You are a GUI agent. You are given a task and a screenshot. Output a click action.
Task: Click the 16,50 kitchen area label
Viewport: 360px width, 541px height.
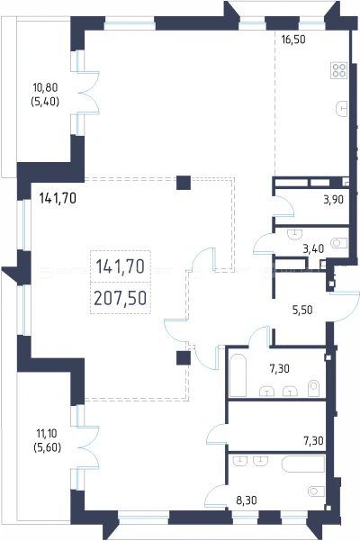[293, 40]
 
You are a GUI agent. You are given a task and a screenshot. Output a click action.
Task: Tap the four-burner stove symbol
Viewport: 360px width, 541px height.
[339, 70]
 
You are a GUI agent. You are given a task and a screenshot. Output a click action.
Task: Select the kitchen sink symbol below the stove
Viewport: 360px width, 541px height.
[341, 109]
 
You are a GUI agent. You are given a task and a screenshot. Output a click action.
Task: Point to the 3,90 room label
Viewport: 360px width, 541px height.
[333, 200]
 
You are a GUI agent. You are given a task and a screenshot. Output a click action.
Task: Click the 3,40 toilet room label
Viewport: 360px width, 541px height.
[313, 248]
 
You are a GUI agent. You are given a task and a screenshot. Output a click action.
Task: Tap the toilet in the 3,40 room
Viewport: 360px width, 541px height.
[339, 243]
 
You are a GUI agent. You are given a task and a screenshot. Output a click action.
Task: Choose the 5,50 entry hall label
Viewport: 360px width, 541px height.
[302, 310]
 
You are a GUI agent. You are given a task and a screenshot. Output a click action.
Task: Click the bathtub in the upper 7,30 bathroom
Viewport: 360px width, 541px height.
[238, 374]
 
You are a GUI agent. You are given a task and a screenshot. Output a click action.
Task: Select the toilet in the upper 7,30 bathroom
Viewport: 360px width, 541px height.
[314, 388]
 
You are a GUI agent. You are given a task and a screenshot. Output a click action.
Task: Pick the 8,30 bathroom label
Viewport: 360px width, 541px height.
[247, 500]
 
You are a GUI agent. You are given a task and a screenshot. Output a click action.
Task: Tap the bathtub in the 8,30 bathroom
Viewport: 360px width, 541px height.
[303, 464]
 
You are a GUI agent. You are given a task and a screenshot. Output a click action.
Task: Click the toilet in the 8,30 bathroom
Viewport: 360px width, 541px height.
[316, 491]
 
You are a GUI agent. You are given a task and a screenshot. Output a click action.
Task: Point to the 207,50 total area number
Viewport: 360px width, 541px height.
[121, 298]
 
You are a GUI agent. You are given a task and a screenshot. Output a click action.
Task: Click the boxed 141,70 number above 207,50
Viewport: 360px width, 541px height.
[121, 266]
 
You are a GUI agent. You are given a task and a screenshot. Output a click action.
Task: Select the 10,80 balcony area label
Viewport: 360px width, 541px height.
[45, 87]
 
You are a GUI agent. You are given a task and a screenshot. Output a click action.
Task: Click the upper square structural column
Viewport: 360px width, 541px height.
[184, 183]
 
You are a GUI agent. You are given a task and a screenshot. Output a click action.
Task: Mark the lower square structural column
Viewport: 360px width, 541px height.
[184, 358]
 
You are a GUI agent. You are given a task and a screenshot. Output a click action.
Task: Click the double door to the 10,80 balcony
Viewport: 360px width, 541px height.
[88, 93]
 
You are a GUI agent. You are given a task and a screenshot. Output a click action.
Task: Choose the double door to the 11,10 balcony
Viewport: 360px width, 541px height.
[88, 447]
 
